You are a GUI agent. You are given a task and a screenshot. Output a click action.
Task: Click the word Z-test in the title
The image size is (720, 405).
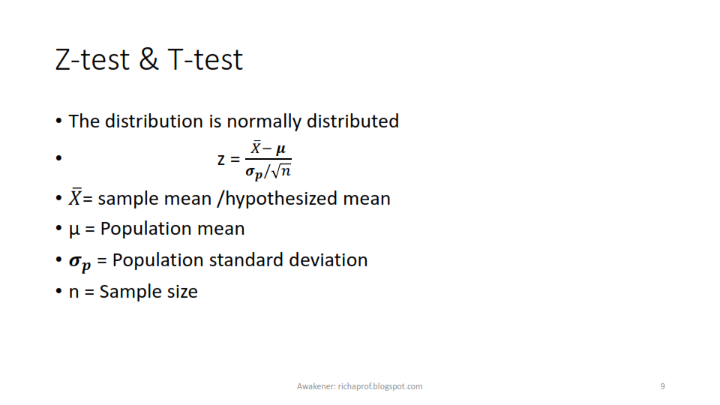tap(92, 60)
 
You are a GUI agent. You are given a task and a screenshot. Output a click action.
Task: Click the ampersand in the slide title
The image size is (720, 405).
tap(148, 59)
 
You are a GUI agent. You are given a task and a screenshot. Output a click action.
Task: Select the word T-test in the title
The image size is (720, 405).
tap(205, 60)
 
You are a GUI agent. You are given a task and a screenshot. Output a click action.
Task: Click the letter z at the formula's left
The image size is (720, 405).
tap(221, 160)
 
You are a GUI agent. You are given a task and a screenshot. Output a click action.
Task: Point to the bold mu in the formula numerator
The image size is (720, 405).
tap(280, 149)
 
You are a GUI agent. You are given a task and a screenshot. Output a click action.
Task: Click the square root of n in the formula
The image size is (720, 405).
tap(281, 171)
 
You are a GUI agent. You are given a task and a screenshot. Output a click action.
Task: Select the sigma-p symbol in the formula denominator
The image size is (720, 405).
tap(253, 172)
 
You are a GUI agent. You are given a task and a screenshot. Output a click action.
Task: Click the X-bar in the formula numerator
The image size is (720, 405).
tap(256, 148)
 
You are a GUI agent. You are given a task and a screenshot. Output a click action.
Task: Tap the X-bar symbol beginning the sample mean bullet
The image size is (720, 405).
tap(75, 197)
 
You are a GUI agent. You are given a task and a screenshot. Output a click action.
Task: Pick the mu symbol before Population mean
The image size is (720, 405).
tap(74, 229)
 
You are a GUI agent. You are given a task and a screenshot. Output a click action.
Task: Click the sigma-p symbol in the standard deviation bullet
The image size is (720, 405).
tap(80, 262)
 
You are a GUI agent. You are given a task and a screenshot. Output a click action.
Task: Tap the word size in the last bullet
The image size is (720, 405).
tap(182, 292)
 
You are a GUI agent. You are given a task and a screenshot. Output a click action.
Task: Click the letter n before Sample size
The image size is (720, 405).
tap(74, 292)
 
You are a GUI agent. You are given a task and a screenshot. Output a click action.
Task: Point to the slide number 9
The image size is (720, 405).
tap(662, 386)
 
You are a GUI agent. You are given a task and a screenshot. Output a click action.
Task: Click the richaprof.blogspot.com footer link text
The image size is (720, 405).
tap(380, 386)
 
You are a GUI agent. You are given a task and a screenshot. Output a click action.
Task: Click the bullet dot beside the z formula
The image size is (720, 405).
tap(58, 158)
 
